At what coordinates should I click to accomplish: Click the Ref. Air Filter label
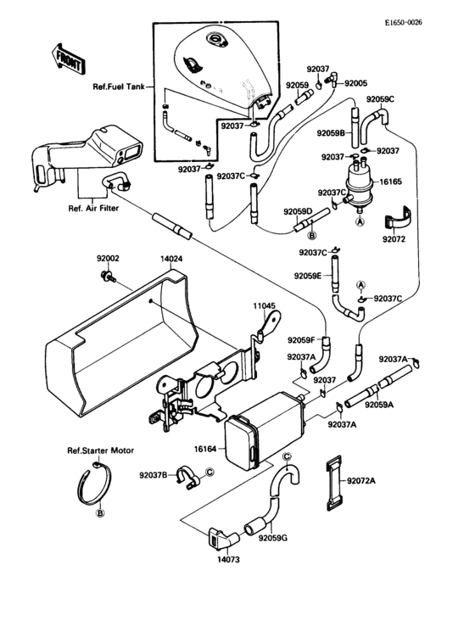(94, 206)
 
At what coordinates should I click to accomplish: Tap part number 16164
(207, 449)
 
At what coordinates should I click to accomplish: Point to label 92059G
(274, 538)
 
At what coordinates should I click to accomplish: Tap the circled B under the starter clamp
(100, 513)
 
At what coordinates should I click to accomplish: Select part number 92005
(355, 83)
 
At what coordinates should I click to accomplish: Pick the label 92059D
(298, 211)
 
